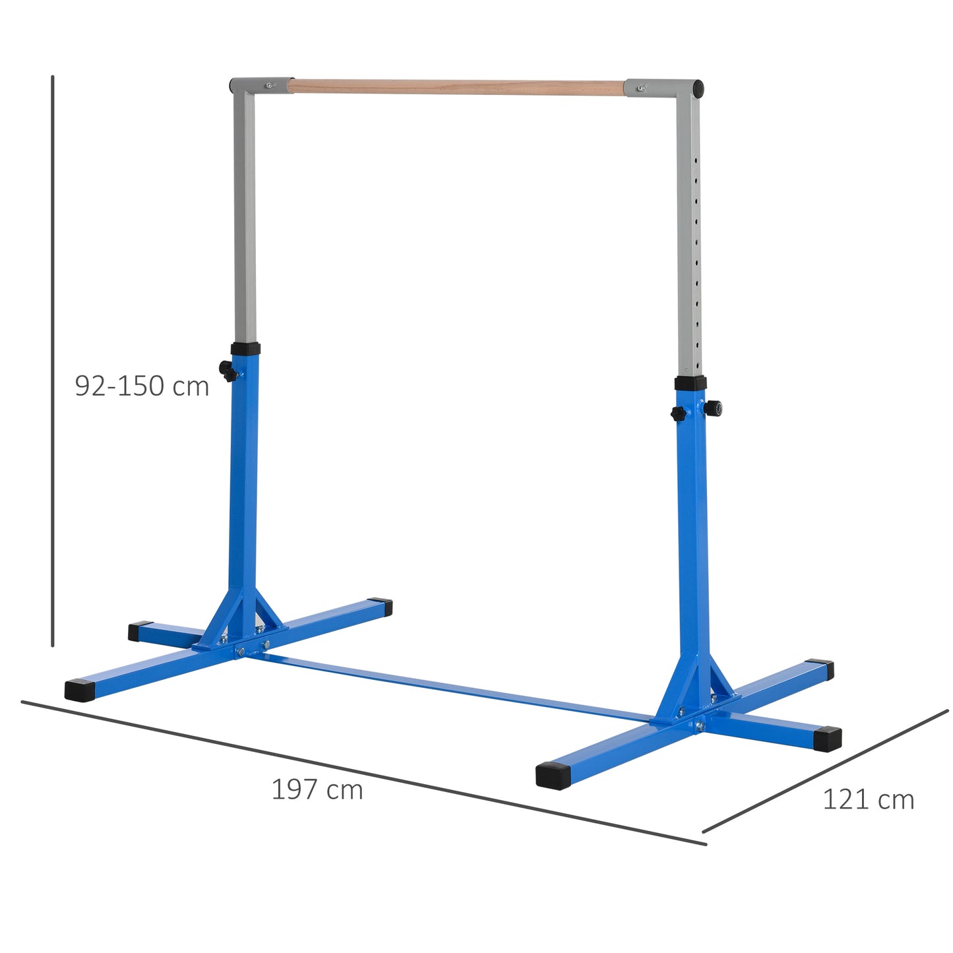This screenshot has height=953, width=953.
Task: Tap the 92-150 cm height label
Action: [142, 386]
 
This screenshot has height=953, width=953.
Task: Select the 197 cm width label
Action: [317, 789]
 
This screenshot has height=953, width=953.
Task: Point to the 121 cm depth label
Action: [868, 800]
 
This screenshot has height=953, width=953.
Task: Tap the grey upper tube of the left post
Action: [245, 218]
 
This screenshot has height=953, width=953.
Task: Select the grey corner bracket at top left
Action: [261, 86]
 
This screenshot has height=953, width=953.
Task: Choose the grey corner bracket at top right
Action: [663, 88]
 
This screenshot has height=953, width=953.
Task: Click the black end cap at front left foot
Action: [80, 690]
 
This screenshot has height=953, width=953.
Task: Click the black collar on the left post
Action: [245, 350]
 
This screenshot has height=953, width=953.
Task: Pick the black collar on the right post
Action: [691, 383]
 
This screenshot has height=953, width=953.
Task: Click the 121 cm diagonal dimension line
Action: [824, 772]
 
